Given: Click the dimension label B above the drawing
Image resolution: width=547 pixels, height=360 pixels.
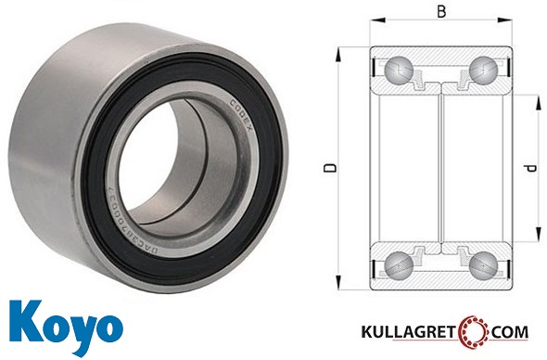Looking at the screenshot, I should click(x=441, y=12).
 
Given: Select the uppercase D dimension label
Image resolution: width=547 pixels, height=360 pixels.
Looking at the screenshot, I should click(x=328, y=169).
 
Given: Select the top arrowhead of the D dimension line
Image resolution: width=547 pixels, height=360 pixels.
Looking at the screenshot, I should click(x=341, y=48).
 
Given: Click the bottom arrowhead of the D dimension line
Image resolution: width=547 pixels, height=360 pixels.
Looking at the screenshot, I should click(x=341, y=289).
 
